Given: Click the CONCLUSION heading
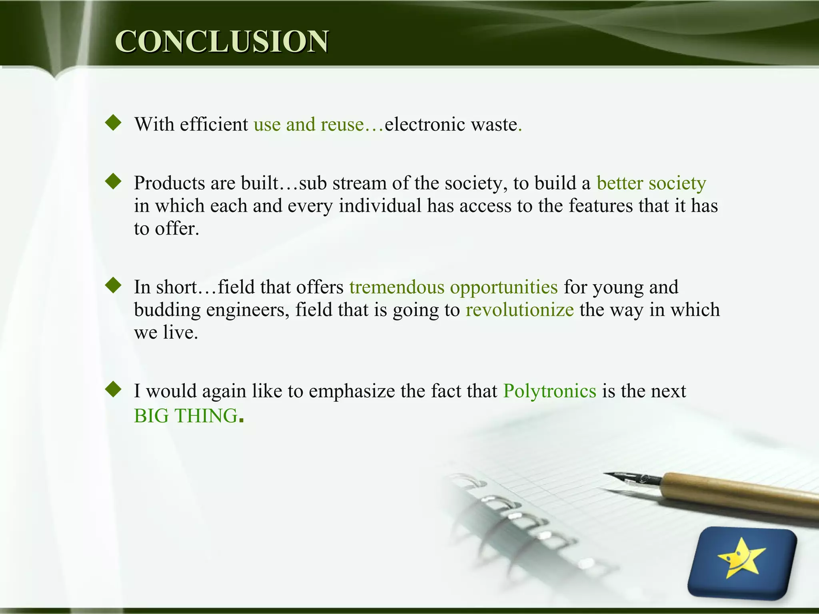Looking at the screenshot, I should (222, 41).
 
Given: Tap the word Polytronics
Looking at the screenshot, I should (549, 391).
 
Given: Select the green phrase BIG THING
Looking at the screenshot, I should (186, 416).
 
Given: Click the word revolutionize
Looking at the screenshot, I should (519, 310).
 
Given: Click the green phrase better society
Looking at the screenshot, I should (651, 183).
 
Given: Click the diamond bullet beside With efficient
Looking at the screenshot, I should (113, 123).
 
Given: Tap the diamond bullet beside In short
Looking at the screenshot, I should (113, 285).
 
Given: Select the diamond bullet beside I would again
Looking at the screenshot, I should (113, 389).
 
